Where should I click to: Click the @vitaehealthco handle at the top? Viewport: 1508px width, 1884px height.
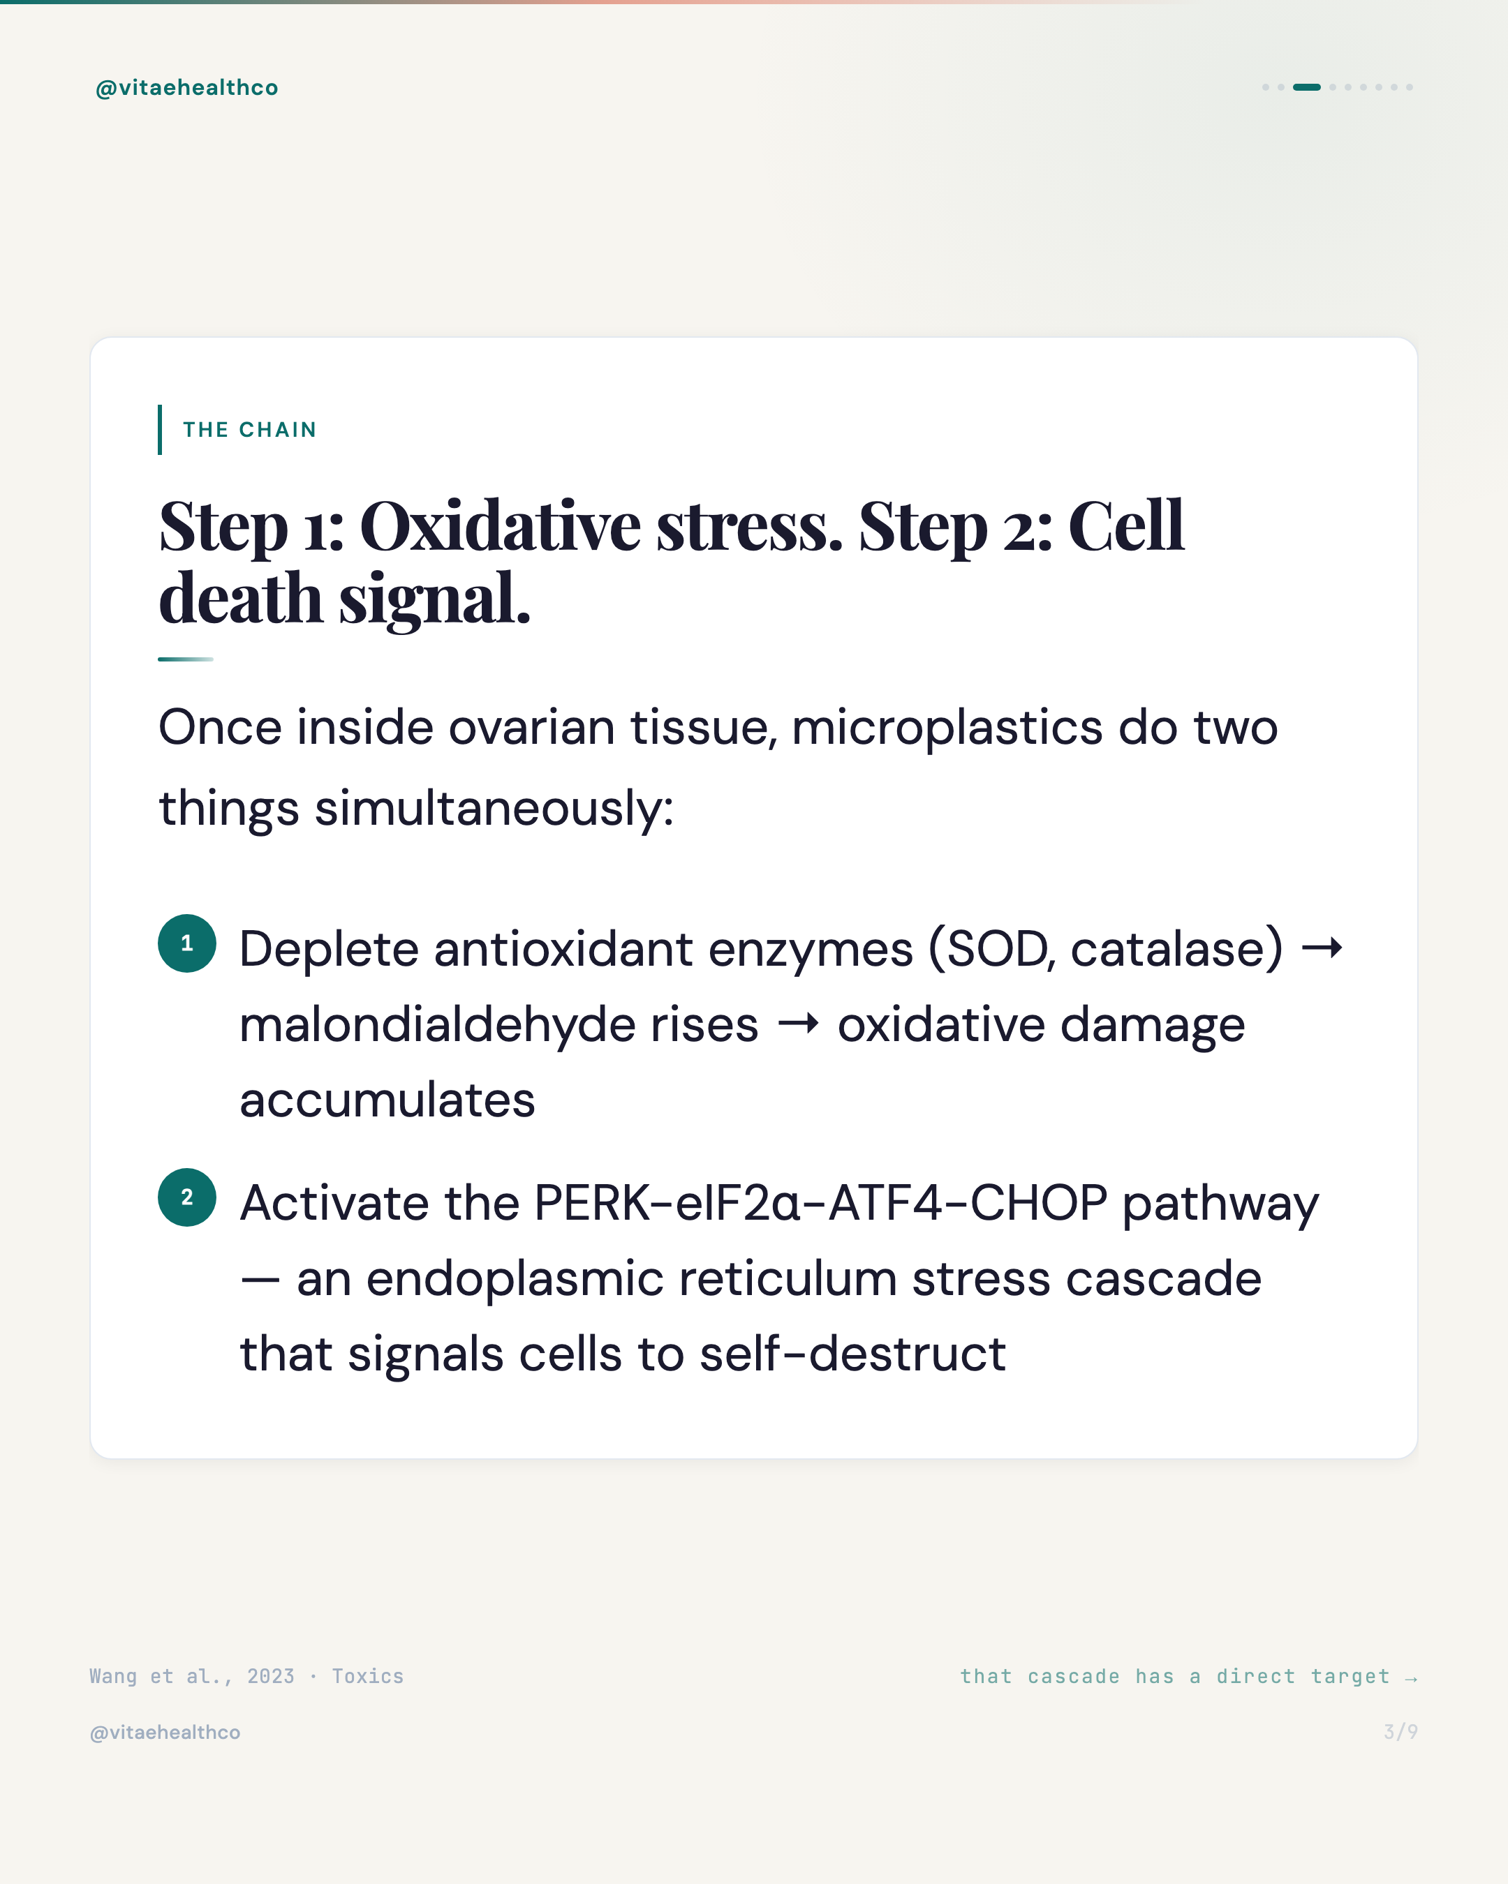186,87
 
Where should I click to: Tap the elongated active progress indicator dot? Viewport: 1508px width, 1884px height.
1306,87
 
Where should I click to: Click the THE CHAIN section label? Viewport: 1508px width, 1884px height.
249,430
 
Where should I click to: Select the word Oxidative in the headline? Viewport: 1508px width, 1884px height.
500,527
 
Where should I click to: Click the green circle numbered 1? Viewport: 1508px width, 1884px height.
187,944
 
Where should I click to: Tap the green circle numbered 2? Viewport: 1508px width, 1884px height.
187,1197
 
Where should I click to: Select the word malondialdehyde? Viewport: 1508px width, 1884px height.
498,1024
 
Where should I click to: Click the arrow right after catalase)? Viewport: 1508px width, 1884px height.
1322,948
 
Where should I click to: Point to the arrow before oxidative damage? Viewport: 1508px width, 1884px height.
798,1023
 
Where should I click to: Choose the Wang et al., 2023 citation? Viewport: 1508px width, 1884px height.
191,1676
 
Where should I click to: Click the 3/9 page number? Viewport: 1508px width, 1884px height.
1400,1732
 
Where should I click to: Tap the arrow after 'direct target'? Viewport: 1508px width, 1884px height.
1410,1677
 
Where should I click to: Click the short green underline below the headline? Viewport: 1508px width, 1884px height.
185,659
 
